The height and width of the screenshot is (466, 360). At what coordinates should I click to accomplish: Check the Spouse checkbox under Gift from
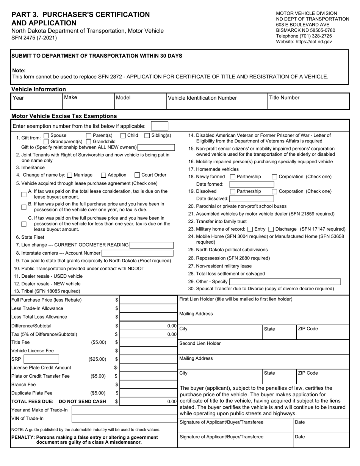click(46, 136)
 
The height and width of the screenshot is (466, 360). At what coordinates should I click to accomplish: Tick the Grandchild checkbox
click(89, 141)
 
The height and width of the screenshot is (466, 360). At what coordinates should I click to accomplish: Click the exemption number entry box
click(159, 126)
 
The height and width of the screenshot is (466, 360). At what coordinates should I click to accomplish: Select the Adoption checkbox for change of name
click(103, 175)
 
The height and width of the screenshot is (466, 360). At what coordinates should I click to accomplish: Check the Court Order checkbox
click(137, 175)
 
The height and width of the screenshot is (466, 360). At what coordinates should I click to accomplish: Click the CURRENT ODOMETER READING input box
click(151, 245)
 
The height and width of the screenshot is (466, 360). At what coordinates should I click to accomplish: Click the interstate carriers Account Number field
click(137, 253)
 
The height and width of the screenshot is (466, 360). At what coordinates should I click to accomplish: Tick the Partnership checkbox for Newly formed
click(233, 177)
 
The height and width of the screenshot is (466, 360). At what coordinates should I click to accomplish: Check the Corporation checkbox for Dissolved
click(274, 191)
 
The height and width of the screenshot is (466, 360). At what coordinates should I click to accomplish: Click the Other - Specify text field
click(285, 281)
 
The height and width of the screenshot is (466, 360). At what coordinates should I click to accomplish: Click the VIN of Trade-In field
click(124, 419)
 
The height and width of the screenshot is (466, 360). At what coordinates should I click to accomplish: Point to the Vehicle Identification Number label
click(202, 98)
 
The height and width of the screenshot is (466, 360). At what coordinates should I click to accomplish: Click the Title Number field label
click(284, 98)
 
